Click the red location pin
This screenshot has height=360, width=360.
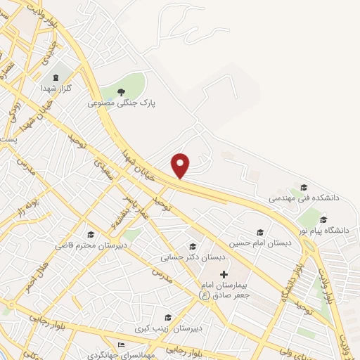[181, 165]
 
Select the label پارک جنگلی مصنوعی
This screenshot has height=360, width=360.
[122, 103]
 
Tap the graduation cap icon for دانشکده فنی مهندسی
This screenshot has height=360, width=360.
[304, 187]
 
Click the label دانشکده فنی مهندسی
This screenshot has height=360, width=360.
[304, 198]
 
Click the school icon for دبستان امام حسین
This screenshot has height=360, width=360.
[260, 232]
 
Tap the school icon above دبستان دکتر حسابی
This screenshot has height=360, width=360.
[192, 246]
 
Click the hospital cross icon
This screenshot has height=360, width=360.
[224, 273]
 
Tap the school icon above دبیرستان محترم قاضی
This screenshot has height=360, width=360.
[90, 235]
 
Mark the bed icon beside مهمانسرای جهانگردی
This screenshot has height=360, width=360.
[122, 345]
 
